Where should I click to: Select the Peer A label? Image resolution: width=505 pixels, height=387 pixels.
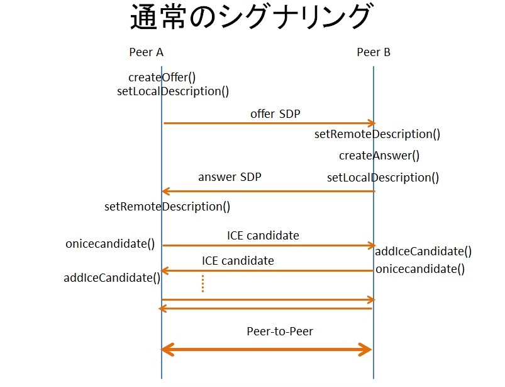pos(146,52)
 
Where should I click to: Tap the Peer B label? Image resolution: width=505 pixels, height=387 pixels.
pos(374,52)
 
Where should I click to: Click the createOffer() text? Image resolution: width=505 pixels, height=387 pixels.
pos(162,78)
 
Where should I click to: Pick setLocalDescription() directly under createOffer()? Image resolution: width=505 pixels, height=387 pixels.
pos(173,91)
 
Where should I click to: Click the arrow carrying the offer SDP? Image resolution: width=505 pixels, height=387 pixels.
pos(269,124)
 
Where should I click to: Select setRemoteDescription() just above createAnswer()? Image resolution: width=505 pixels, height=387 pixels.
pos(377,134)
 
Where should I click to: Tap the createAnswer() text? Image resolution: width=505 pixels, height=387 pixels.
pos(379,155)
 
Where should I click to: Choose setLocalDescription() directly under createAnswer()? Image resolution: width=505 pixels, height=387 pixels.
pos(383,177)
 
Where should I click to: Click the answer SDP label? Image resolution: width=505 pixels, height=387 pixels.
pos(230,177)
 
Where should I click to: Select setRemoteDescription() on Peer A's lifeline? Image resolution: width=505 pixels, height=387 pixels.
pos(167,206)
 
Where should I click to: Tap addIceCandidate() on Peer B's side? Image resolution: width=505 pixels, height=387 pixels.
pos(423,251)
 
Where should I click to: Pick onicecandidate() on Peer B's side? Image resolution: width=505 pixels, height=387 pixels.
pos(420,269)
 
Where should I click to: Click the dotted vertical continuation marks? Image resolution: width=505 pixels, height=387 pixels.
pos(203,284)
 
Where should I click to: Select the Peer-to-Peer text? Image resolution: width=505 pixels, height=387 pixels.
pos(280,331)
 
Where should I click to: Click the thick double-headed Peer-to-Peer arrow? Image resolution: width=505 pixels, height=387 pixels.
pos(267,349)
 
